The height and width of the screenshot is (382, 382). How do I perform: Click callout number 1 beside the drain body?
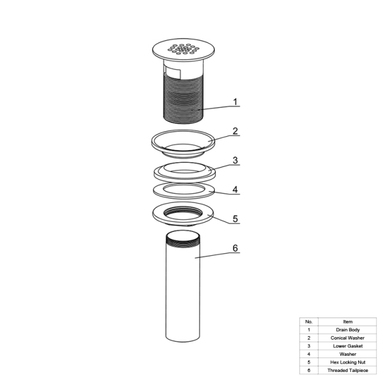(x=235, y=102)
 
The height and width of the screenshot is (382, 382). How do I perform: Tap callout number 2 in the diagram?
(x=235, y=131)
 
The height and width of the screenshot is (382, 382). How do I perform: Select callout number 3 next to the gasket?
(x=235, y=161)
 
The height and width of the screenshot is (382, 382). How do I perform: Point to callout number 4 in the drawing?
(x=235, y=190)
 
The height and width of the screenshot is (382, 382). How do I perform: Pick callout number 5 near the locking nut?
(x=235, y=219)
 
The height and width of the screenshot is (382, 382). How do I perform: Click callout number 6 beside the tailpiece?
(x=235, y=248)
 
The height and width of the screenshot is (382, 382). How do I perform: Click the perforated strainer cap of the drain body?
(x=183, y=50)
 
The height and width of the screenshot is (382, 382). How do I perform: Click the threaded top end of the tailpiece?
(x=183, y=239)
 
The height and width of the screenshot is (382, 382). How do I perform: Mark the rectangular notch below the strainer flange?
(x=172, y=73)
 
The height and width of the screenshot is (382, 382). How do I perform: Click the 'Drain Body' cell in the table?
(x=347, y=330)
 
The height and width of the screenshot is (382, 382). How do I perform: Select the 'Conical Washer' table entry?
(x=347, y=338)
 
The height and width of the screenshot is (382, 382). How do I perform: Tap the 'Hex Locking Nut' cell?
(x=347, y=362)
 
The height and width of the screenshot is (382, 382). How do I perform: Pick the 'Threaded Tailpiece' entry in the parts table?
(x=347, y=370)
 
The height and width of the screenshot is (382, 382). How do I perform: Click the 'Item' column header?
(x=347, y=322)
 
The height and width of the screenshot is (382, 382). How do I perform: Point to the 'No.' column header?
(x=309, y=322)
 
